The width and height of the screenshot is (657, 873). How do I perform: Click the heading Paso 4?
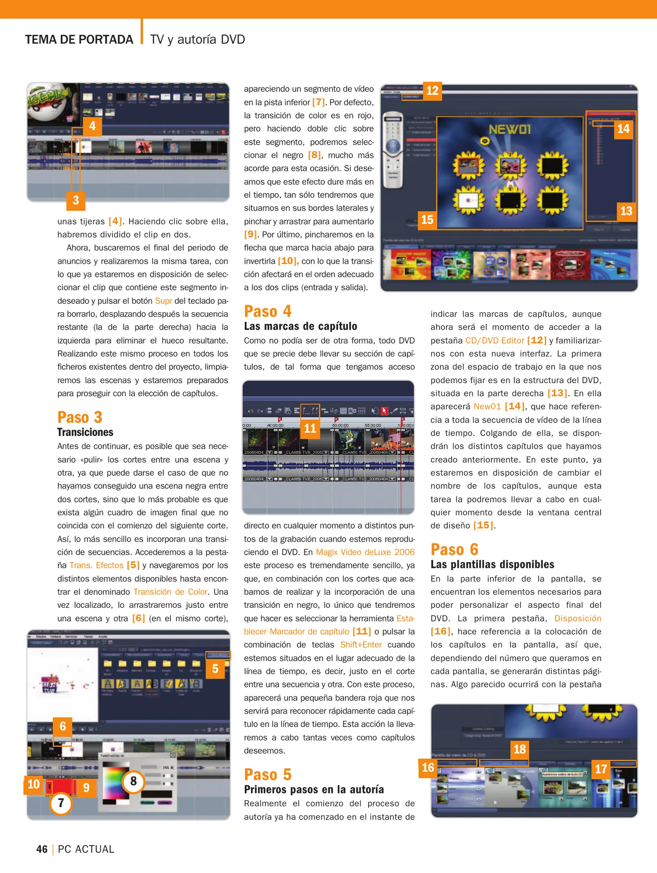pyautogui.click(x=267, y=312)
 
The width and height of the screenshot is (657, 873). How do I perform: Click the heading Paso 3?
pyautogui.click(x=80, y=417)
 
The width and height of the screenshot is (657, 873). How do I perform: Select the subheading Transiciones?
pyautogui.click(x=85, y=432)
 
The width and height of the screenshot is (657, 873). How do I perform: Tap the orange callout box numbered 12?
pyautogui.click(x=432, y=91)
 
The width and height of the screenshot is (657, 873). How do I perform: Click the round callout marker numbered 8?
pyautogui.click(x=134, y=781)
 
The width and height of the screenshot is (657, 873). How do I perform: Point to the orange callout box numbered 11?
pyautogui.click(x=310, y=428)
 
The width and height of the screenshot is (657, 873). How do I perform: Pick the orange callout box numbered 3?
pyautogui.click(x=76, y=200)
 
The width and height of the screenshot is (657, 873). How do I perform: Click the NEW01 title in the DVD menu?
pyautogui.click(x=509, y=129)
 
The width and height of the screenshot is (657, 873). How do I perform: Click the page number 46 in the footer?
pyautogui.click(x=42, y=849)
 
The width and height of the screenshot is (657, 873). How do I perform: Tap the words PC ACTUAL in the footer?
pyautogui.click(x=86, y=849)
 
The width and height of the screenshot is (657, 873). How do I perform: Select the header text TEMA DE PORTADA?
pyautogui.click(x=79, y=40)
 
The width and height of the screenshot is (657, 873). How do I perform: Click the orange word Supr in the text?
pyautogui.click(x=163, y=301)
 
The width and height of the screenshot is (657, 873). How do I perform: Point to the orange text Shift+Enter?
pyautogui.click(x=361, y=645)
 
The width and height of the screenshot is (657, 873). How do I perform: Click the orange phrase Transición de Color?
pyautogui.click(x=170, y=592)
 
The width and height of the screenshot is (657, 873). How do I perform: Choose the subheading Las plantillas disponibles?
pyautogui.click(x=492, y=564)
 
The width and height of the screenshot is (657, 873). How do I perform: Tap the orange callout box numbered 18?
pyautogui.click(x=519, y=749)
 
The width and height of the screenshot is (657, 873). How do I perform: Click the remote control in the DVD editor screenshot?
pyautogui.click(x=393, y=150)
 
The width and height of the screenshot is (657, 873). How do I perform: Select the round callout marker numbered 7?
pyautogui.click(x=61, y=803)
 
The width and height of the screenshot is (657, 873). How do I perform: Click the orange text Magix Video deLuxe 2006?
pyautogui.click(x=365, y=552)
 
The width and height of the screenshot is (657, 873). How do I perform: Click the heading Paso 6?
pyautogui.click(x=454, y=550)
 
